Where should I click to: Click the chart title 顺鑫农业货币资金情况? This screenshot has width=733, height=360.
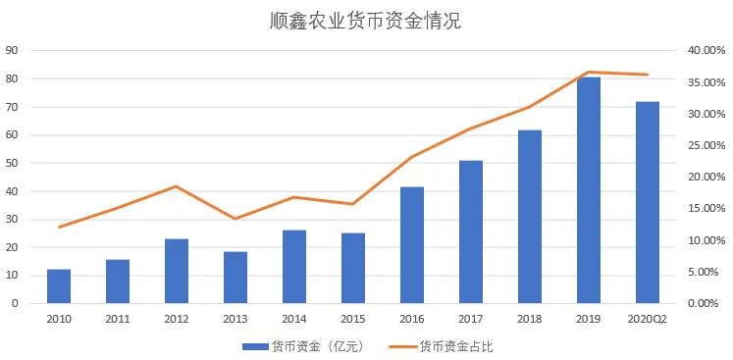point(365,21)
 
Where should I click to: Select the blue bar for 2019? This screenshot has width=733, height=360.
point(589,190)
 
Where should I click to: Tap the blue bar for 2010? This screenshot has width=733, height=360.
point(59,285)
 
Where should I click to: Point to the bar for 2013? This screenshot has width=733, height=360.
point(236,278)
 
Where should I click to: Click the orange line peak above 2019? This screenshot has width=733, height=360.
point(589,72)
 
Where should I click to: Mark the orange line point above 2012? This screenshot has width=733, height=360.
point(177,186)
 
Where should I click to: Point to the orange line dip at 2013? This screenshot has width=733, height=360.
point(236,219)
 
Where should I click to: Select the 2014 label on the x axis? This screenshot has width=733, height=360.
point(294,319)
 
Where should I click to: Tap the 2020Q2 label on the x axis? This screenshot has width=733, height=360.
point(648,319)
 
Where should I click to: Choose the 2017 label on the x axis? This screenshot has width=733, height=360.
point(471,319)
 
